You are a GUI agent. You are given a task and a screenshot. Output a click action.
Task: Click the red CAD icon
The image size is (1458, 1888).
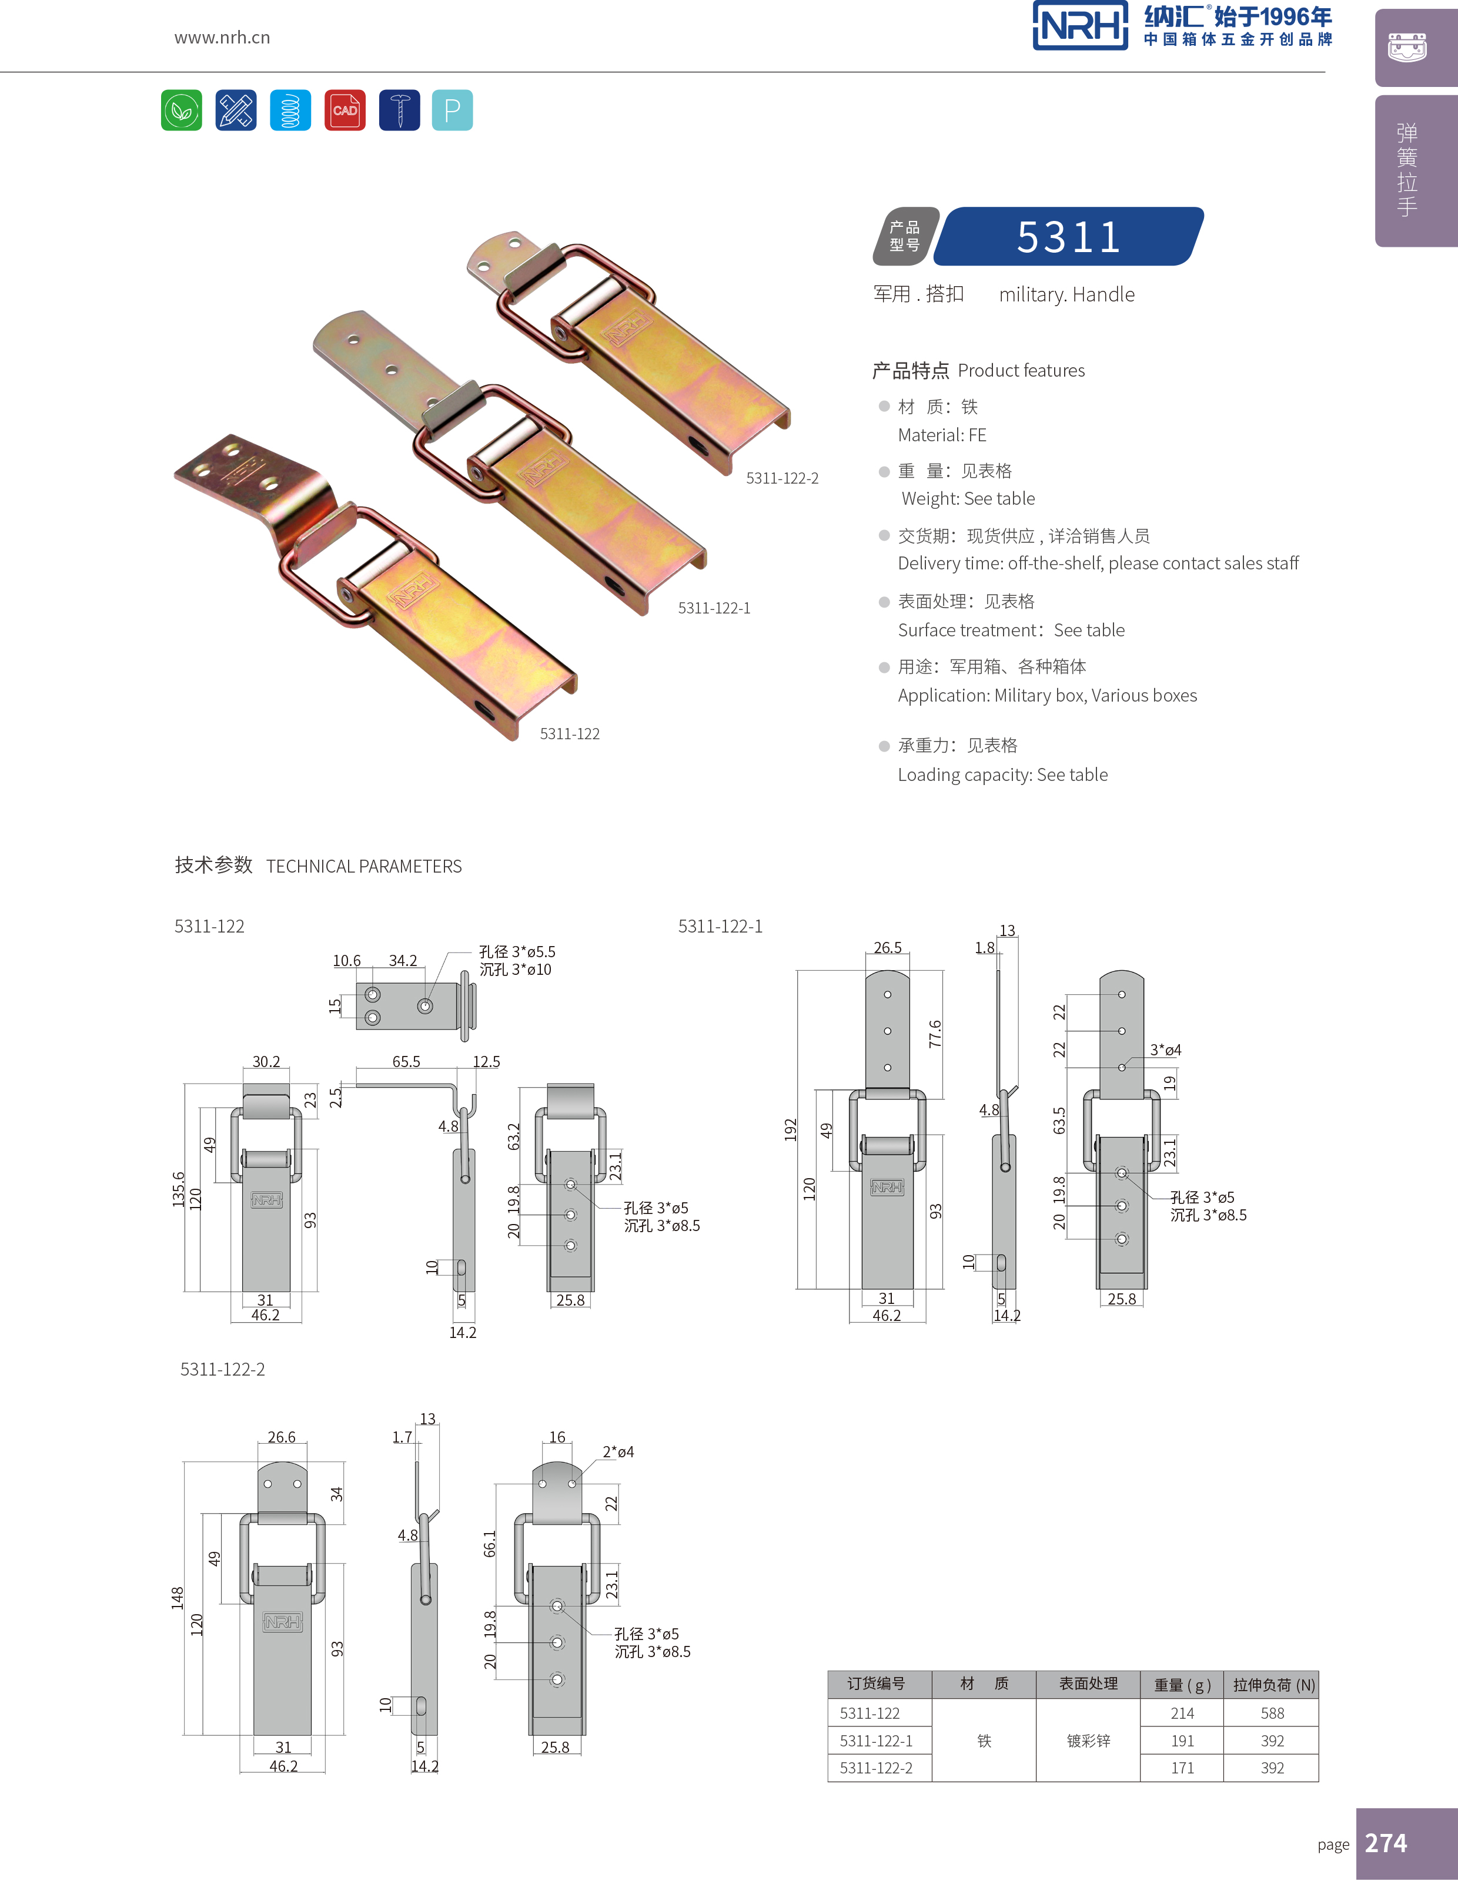coord(344,110)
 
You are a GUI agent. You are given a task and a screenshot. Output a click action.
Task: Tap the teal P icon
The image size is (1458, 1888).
coord(452,110)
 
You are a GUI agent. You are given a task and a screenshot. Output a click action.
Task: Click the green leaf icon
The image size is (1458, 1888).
coord(182,110)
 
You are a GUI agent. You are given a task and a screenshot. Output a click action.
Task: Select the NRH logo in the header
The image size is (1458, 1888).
coord(1080,26)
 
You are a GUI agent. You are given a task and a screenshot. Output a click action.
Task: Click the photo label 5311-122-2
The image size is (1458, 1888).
coord(782,478)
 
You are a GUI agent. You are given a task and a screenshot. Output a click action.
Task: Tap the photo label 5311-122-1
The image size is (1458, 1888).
coord(714,608)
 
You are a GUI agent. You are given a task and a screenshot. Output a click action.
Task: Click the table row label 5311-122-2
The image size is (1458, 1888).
coord(875,1768)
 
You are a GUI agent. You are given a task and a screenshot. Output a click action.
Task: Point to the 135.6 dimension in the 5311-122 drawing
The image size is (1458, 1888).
coord(178,1189)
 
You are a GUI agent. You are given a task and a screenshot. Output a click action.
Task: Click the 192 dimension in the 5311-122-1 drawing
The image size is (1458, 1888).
coord(790,1129)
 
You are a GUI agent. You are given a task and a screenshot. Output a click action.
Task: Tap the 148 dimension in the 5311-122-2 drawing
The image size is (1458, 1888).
coord(178,1598)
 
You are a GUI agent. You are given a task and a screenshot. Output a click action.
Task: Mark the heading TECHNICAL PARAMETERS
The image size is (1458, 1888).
coord(363,866)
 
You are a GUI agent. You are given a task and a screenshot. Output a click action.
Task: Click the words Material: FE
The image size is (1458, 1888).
coord(942,435)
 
